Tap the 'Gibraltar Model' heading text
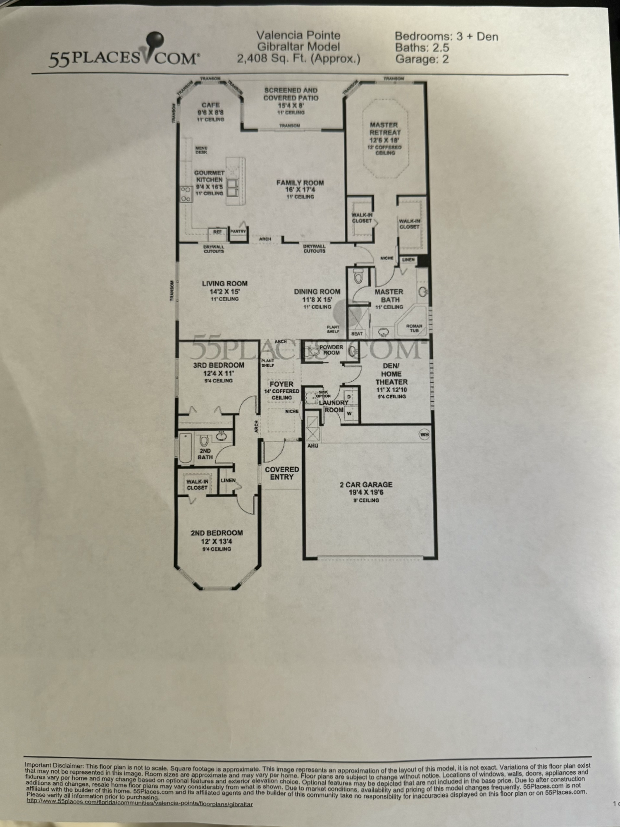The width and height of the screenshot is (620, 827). (x=298, y=47)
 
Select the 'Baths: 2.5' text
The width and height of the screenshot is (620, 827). (x=422, y=48)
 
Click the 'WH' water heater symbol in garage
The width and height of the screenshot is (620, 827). (x=424, y=435)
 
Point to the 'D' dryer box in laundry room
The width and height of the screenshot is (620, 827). (x=349, y=397)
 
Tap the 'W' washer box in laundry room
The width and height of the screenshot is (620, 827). (x=349, y=413)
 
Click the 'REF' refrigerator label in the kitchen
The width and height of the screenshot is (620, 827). (x=217, y=232)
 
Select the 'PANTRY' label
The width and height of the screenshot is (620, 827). (x=238, y=232)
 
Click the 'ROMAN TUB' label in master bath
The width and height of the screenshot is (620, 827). (x=414, y=328)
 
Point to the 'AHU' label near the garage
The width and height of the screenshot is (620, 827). (x=312, y=446)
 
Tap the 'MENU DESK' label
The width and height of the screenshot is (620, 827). (x=201, y=150)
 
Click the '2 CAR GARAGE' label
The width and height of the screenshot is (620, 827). (x=366, y=485)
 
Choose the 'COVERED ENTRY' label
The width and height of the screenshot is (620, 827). (x=282, y=473)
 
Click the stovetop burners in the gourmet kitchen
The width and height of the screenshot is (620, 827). (x=186, y=194)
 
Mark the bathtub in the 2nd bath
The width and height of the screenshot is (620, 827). (x=186, y=447)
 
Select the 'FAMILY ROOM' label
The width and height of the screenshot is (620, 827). (x=300, y=183)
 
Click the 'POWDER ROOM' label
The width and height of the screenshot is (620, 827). (x=331, y=350)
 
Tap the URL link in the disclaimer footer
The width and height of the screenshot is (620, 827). (x=140, y=804)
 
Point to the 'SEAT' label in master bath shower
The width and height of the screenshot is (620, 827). (x=357, y=334)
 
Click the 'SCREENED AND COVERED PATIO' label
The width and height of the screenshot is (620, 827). (x=291, y=94)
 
